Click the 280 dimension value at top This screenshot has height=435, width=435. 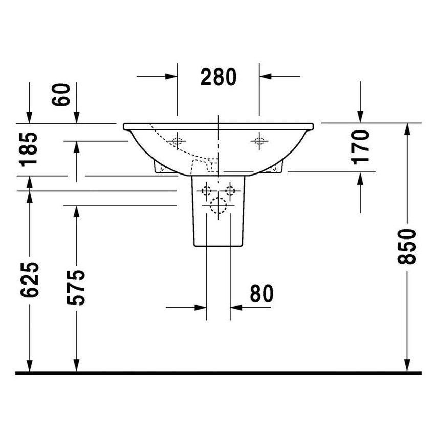pos(219,77)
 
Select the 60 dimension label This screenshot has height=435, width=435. pos(61,95)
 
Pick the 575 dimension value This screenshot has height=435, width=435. pos(76,287)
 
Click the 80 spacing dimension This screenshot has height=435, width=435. pos(262,293)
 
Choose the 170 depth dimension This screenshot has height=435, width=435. pos(361,146)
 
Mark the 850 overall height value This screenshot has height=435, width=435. pos(407,246)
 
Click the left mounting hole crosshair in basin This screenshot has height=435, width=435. pos(178,141)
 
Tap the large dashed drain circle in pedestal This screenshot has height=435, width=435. pos(219,205)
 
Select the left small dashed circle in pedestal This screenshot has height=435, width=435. pos(207,191)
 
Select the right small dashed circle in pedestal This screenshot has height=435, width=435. pos(230,191)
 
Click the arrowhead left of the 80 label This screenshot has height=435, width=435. pos(200,308)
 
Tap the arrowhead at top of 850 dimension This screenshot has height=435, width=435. pos(407,129)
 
